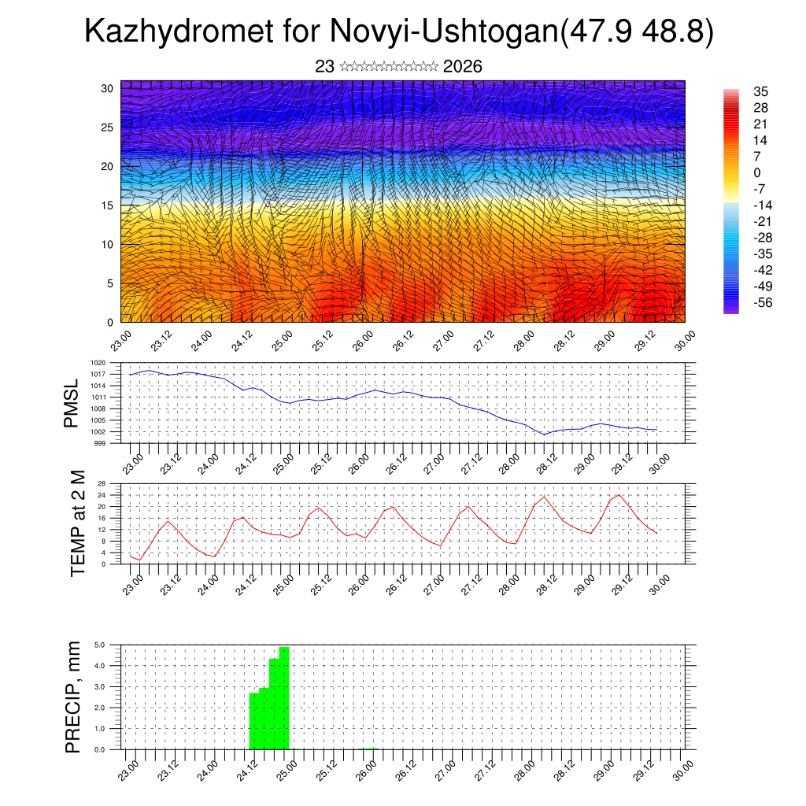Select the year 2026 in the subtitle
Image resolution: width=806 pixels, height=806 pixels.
462,67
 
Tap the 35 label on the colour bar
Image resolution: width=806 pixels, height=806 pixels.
760,91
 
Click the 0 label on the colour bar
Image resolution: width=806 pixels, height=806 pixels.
757,172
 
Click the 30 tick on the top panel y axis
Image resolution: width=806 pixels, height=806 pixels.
106,88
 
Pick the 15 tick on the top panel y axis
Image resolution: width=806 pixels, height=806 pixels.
106,205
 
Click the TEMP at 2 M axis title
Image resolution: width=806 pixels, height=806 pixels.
77,524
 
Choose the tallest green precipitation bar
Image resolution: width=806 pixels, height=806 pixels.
284,697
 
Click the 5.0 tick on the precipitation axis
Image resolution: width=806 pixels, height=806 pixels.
101,645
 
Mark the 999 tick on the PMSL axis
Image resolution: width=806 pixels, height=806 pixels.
101,443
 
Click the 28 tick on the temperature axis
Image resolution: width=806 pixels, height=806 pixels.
102,483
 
